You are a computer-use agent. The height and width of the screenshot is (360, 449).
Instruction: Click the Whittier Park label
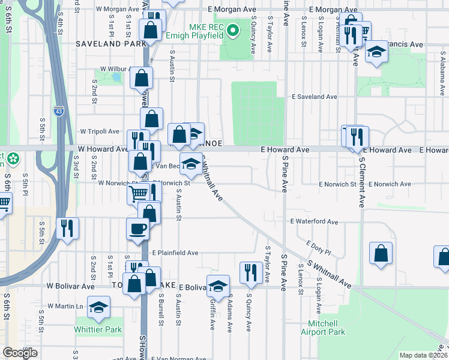98,329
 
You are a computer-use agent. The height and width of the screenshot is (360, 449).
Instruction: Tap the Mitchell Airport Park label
323,328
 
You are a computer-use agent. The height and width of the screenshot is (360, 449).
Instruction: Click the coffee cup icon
138,229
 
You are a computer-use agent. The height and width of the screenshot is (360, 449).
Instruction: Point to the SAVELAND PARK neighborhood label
111,44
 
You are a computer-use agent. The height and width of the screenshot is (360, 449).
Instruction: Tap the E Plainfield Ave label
175,253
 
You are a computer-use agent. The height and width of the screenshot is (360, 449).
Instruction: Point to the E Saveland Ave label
315,97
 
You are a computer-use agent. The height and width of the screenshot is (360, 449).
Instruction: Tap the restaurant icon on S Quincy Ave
249,272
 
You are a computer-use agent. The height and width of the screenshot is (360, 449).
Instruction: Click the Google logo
20,353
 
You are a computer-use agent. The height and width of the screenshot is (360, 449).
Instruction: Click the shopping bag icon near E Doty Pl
381,254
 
